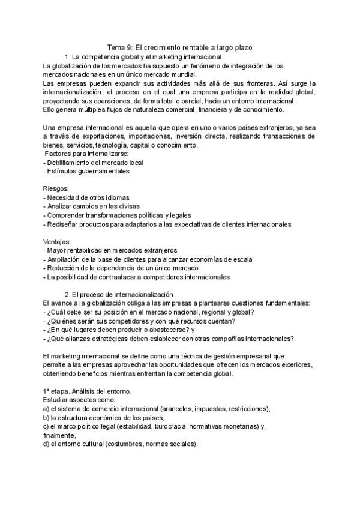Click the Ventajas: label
pos(58,242)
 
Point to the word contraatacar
pos(122,277)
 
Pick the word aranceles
pos(174,409)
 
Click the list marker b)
pos(47,418)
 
